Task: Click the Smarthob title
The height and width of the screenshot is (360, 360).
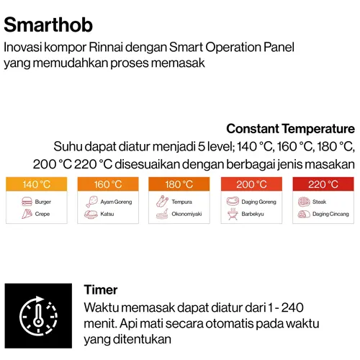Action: pos(48,25)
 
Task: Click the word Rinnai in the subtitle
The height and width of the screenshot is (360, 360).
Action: pos(106,48)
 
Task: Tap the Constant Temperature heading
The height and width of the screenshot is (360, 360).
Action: pos(290,129)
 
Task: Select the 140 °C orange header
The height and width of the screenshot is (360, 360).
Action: pos(37,184)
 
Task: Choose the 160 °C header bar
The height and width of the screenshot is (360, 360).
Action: pos(108,184)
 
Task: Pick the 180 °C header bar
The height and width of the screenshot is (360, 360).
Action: pos(179,184)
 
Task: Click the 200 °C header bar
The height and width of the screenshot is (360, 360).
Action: pos(251,184)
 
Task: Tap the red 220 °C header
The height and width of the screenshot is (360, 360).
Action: pos(323,184)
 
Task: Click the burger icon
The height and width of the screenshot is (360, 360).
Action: pos(27,202)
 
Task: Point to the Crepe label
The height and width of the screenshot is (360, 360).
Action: pos(42,214)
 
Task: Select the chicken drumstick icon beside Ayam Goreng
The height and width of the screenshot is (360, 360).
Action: pos(91,202)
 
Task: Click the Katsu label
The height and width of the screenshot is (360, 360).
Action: pos(107,214)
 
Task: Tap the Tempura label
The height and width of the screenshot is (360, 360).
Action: pos(181,202)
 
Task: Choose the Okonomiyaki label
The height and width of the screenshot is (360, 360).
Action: pos(186,214)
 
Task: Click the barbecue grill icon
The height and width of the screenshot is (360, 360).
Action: pos(233,214)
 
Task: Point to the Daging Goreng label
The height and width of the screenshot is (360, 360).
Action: pos(258,202)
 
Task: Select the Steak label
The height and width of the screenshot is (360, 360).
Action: pos(319,202)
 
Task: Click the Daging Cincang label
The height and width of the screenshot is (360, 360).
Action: pos(330,214)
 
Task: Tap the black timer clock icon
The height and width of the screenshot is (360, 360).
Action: pos(38,316)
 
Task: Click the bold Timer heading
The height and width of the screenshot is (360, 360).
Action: pos(101,289)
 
